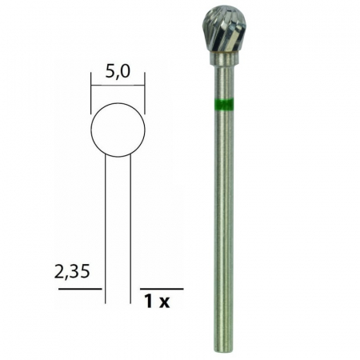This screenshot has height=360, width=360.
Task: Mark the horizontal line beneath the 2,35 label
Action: tap(79, 288)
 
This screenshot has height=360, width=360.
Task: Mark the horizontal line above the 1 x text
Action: tap(161, 288)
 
